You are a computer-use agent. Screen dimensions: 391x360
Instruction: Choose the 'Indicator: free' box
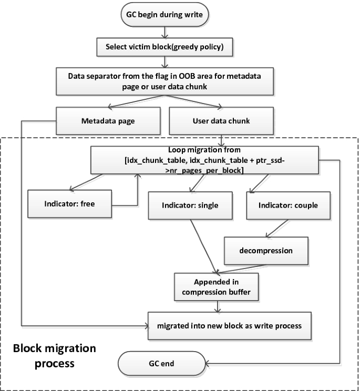pyautogui.click(x=69, y=203)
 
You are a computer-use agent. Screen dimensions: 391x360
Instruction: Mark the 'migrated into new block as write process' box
pyautogui.click(x=229, y=325)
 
